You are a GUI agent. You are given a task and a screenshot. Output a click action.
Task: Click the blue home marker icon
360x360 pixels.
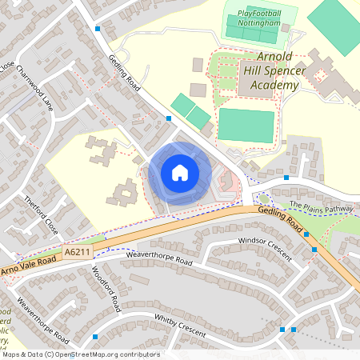[180, 173]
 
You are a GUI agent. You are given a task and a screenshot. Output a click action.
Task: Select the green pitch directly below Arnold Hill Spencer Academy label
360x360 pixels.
[246, 126]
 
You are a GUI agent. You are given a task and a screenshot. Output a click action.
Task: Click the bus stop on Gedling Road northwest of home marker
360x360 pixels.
[169, 118]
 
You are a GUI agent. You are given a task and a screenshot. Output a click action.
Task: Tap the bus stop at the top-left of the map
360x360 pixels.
[98, 29]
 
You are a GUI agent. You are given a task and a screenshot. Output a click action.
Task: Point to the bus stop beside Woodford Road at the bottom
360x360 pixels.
[95, 337]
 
